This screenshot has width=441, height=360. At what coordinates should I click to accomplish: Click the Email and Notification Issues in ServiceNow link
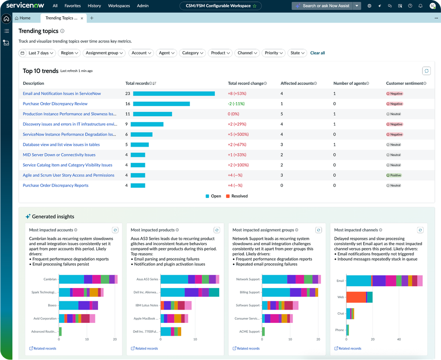coord(62,94)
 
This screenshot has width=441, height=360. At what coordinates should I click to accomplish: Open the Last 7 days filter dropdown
coord(37,53)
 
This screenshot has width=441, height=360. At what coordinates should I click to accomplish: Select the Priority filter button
coord(274,53)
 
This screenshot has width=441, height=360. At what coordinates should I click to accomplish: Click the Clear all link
coord(317,53)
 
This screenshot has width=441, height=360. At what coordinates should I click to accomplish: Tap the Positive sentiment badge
coord(394,175)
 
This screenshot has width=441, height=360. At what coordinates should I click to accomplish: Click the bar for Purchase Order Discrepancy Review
coord(161,104)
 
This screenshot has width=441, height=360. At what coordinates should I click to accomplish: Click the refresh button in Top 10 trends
coord(426,71)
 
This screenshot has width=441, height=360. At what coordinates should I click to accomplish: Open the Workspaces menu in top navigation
coord(119,6)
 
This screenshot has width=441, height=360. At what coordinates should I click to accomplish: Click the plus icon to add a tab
coord(92,18)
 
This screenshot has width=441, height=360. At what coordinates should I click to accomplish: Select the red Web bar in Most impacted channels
coord(356,297)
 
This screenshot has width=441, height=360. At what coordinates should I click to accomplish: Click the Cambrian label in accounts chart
coord(49,279)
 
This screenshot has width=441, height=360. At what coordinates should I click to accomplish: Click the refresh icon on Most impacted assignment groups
coord(319,230)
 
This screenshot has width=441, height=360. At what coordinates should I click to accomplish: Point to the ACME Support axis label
coord(250,331)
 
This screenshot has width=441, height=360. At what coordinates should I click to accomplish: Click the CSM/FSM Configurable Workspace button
coord(220,6)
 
